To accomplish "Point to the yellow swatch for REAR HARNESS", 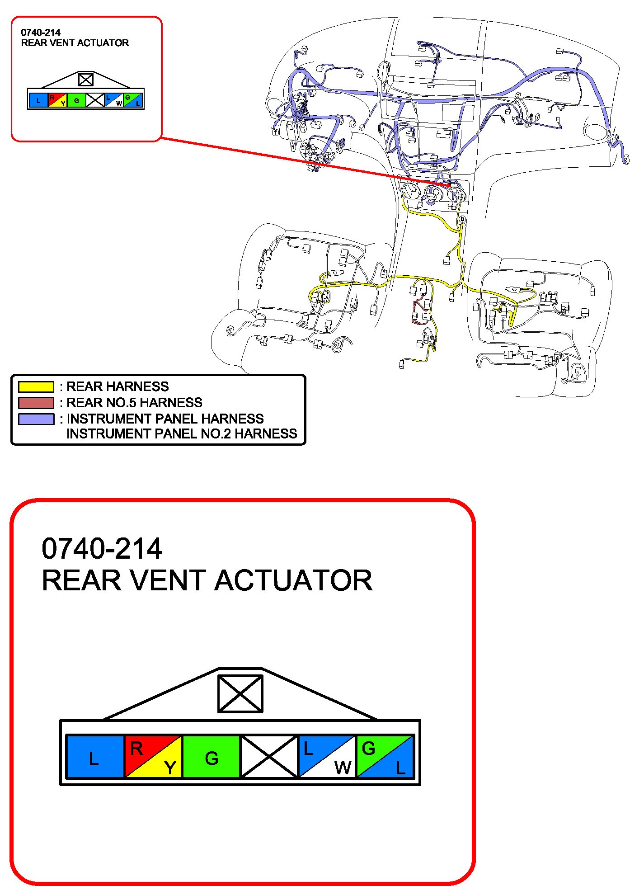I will pyautogui.click(x=36, y=387).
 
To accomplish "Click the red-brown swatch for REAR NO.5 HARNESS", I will pyautogui.click(x=36, y=403).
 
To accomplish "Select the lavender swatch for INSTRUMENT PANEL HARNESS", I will pyautogui.click(x=36, y=419).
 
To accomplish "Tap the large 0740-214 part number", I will pyautogui.click(x=102, y=548).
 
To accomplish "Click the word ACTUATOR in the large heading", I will pyautogui.click(x=293, y=580).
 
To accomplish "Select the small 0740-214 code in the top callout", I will pyautogui.click(x=41, y=33).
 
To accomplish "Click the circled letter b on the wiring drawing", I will pyautogui.click(x=462, y=219).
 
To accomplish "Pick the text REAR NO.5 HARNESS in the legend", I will pyautogui.click(x=134, y=403).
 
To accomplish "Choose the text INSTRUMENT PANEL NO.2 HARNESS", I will pyautogui.click(x=182, y=434).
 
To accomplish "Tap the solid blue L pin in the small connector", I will pyautogui.click(x=38, y=100).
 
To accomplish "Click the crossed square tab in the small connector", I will pyautogui.click(x=86, y=80).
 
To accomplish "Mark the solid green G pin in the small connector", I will pyautogui.click(x=76, y=100).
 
